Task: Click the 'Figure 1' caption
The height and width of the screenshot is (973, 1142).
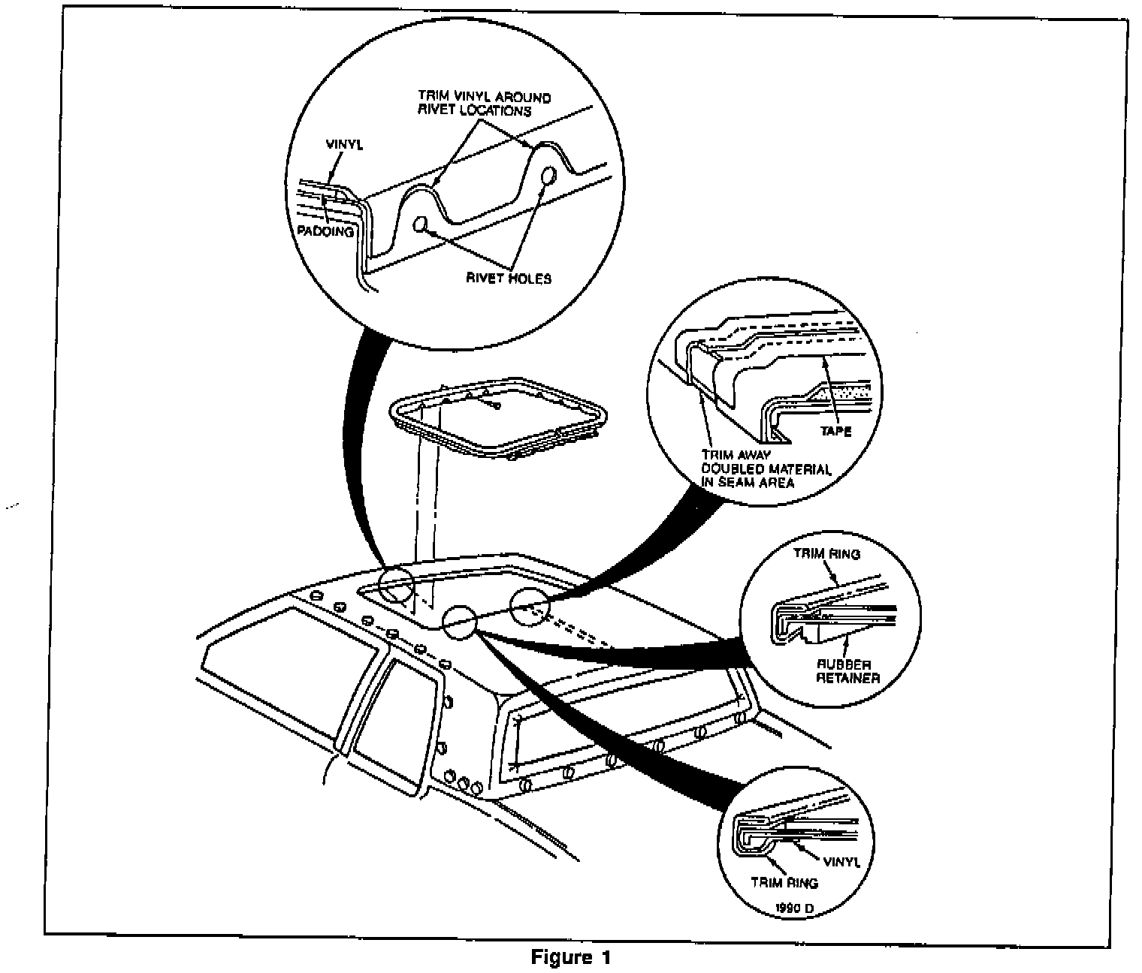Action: (571, 957)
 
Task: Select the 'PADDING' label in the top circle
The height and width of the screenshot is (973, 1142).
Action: (325, 231)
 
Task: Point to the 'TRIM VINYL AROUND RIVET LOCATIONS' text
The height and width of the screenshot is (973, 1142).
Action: (485, 104)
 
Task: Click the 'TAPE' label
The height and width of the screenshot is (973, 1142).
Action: (836, 431)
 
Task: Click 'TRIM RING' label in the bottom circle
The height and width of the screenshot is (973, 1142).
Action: (785, 883)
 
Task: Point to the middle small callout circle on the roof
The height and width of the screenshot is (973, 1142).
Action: (459, 622)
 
